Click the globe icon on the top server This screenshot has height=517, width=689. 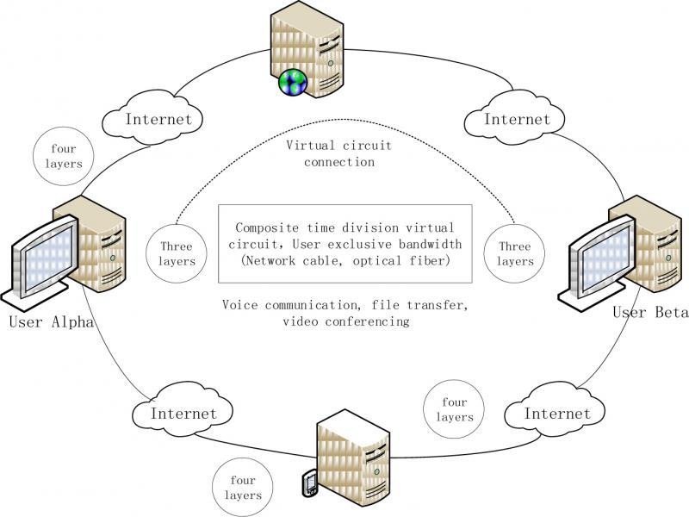294,82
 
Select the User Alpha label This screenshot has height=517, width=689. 50,323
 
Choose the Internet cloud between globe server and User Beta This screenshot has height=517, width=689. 516,119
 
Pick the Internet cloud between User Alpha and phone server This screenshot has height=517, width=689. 183,414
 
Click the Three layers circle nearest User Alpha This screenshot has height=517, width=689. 177,252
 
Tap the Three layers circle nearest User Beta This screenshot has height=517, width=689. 515,252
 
